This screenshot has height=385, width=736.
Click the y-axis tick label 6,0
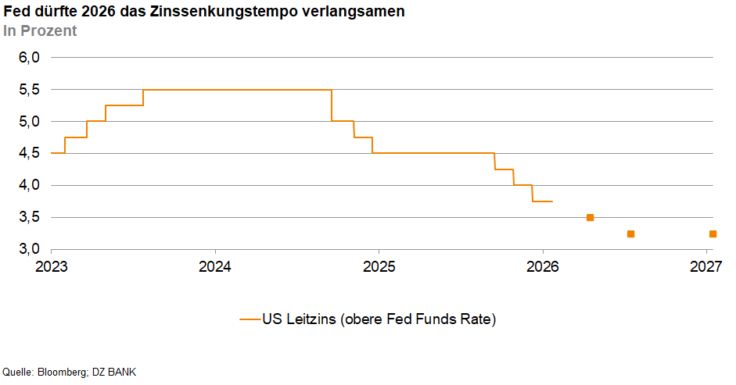click(29, 58)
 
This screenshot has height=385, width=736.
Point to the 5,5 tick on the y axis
click(29, 90)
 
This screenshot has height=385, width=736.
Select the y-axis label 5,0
click(29, 122)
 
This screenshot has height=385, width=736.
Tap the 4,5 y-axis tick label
click(29, 154)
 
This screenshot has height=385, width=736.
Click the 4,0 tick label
click(29, 186)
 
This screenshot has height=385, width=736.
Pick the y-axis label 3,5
click(29, 218)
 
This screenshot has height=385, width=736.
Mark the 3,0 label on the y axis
click(29, 249)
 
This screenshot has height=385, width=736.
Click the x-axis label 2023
click(51, 266)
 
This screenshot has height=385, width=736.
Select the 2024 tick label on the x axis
click(215, 266)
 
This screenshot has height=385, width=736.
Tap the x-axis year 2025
click(379, 266)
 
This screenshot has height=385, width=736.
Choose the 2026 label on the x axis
click(543, 266)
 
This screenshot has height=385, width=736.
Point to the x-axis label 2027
click(706, 266)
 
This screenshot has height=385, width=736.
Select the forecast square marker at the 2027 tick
click(712, 233)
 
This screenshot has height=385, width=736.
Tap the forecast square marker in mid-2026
click(630, 233)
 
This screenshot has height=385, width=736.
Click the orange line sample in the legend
click(250, 319)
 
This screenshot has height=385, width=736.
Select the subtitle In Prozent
click(40, 31)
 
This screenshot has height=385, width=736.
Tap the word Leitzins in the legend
click(310, 319)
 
